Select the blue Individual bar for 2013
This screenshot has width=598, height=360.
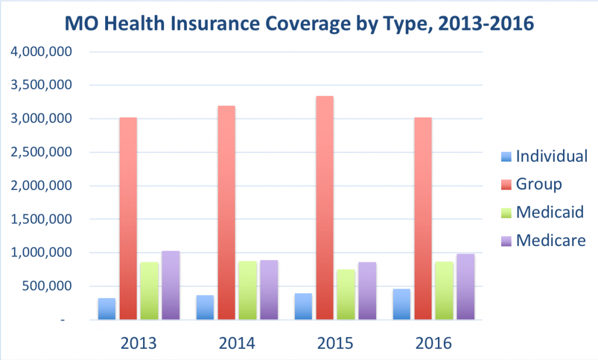point(107,309)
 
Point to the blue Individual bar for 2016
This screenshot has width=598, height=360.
point(402,304)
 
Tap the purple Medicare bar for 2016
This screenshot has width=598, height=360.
point(465,287)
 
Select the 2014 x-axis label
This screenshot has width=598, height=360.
point(237,342)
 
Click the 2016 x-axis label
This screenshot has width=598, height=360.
point(433,342)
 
